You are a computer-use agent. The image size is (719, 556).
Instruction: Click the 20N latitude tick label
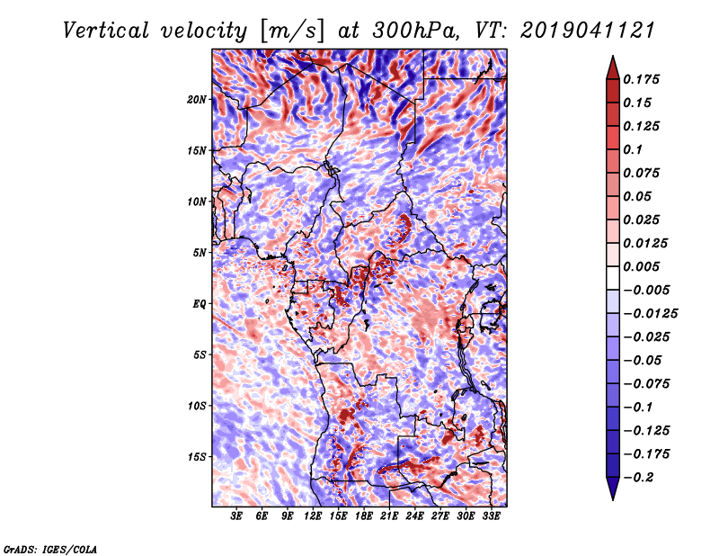pos(196,100)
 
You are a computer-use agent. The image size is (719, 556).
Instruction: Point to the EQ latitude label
pos(199,304)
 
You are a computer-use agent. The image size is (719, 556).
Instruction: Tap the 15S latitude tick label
pos(196,457)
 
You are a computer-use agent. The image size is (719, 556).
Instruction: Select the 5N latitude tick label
pos(200,253)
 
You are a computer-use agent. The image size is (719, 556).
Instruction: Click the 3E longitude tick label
pos(235,516)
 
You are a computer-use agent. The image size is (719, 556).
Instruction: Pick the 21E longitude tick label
pos(389,516)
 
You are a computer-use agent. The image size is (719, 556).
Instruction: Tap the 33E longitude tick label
pos(491,516)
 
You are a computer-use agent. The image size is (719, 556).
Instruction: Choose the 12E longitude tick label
pos(312,516)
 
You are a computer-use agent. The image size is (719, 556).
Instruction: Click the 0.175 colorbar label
pos(641,79)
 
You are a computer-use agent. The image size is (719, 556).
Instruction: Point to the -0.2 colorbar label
pos(638,478)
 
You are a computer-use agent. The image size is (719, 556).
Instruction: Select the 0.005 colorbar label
pos(641,266)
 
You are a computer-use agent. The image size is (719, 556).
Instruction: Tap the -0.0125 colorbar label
pos(650,314)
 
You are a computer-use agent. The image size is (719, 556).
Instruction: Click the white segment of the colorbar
pos(613,278)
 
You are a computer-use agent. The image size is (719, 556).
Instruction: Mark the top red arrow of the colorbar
pos(613,69)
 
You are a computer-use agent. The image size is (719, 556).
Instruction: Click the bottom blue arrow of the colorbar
pos(613,488)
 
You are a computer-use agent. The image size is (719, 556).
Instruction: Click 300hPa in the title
pos(415,31)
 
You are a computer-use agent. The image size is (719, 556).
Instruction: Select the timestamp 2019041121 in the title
pos(588,31)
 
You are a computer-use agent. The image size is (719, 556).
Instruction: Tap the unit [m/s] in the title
pos(292,31)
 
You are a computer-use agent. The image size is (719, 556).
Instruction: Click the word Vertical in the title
pos(105,31)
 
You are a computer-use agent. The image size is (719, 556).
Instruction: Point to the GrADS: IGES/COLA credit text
pos(50,549)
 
